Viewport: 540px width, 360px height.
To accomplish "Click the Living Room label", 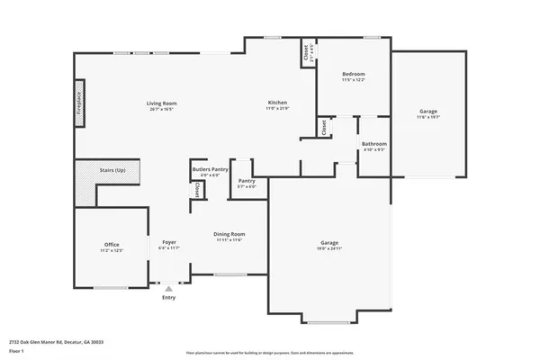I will point(162,103).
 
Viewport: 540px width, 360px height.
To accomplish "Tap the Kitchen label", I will point(276,103).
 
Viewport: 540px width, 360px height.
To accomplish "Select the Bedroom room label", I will point(354,74).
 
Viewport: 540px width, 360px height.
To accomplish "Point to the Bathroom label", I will point(373,144).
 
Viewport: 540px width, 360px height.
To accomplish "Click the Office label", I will point(112,244).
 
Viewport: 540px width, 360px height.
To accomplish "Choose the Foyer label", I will point(168,242).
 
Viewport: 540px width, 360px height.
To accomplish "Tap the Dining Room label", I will point(229,234).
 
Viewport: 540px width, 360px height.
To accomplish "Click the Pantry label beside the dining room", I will point(247,181).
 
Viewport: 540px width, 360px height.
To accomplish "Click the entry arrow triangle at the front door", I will point(168,287).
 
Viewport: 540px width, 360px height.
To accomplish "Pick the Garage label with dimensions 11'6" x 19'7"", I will point(427,112).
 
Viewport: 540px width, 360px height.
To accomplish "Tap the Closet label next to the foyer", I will point(197,190).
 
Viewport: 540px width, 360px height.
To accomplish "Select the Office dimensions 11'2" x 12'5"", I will point(112,250).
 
